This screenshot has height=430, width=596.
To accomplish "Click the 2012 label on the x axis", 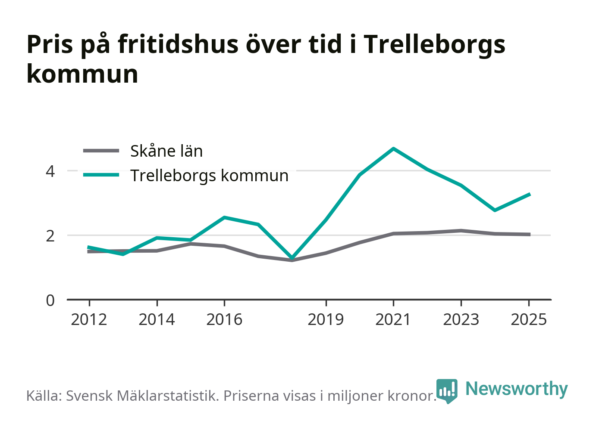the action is (89, 319).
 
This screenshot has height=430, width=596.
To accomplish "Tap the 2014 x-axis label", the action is (157, 319).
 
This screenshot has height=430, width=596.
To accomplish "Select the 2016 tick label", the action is (224, 319).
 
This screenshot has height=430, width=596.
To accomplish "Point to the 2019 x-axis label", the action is (326, 319).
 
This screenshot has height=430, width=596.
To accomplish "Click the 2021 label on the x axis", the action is (393, 319).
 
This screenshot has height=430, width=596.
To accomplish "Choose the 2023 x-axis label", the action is (461, 319).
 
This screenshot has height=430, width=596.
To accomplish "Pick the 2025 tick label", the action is (529, 319).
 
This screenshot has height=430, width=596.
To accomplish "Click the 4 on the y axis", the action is (50, 172).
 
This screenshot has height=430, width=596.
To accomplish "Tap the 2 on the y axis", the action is (50, 236).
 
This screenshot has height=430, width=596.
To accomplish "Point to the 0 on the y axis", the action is (50, 301).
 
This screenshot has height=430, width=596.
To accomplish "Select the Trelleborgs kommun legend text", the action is (210, 176).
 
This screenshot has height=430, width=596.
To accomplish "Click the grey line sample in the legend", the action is (101, 151).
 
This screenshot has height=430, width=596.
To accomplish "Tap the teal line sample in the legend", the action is (101, 175).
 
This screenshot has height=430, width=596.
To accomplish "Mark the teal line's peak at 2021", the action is (393, 149).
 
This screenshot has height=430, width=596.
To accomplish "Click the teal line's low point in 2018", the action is (292, 257).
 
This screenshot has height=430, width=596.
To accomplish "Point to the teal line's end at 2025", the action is (529, 195).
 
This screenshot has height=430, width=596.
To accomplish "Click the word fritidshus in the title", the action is (178, 44).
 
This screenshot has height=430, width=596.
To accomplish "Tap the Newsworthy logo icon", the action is (447, 391).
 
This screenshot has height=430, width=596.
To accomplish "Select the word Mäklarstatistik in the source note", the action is (168, 396).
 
